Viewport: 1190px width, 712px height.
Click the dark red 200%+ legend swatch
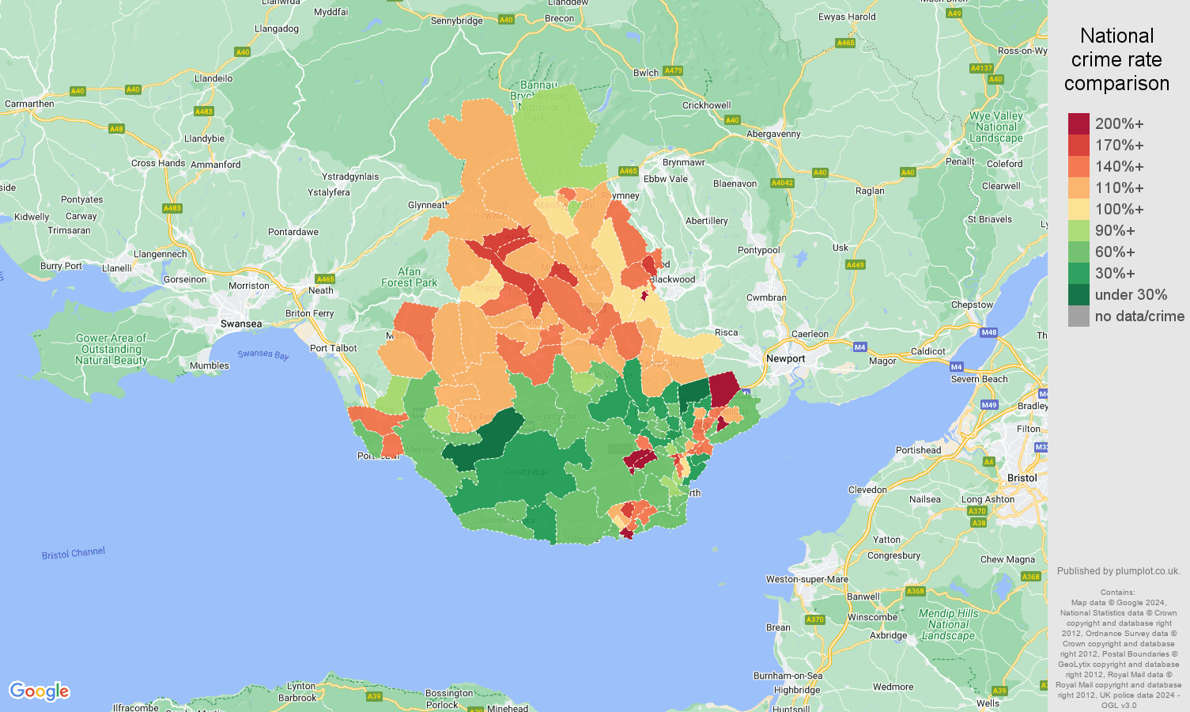1079,124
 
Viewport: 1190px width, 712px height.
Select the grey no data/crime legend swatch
1079,316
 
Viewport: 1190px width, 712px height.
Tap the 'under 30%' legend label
1131,295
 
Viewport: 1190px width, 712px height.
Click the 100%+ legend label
1119,210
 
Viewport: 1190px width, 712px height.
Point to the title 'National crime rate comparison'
1116,59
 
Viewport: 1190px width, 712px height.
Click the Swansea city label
241,324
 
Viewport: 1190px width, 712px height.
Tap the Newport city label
785,359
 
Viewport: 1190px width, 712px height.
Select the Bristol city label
1022,478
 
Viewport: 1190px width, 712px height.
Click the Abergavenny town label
773,134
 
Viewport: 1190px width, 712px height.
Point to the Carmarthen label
30,104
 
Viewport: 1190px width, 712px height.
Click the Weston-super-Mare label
807,579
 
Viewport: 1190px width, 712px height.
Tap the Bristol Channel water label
74,553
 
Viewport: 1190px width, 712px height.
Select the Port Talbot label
333,348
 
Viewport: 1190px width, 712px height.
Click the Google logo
40,691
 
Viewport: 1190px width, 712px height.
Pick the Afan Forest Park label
409,277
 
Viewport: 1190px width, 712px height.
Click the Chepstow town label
972,305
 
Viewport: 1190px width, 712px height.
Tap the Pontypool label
758,251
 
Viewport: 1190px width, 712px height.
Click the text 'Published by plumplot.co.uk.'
1118,571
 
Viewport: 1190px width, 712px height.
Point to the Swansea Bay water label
263,354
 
